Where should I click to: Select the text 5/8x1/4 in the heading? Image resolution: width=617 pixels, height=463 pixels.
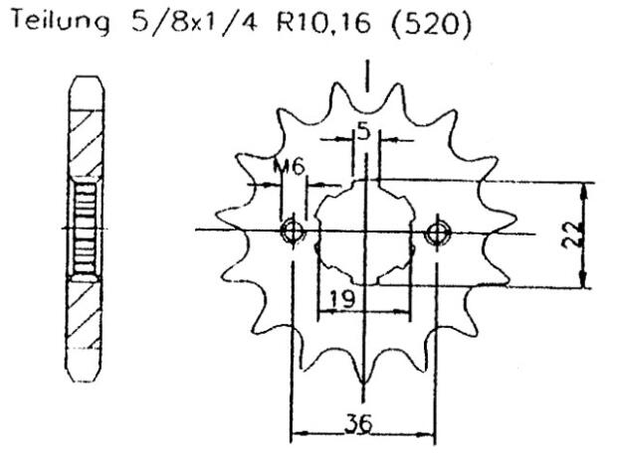[x=195, y=22]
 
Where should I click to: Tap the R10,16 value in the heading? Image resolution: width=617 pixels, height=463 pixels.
[x=323, y=23]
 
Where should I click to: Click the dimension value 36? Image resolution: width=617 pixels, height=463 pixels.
[x=359, y=423]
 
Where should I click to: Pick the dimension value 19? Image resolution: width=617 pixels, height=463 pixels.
[x=342, y=298]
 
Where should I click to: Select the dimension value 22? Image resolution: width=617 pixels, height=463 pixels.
[x=572, y=234]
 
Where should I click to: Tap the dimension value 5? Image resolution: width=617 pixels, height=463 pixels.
[x=364, y=132]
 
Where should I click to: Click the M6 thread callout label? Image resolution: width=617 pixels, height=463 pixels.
[x=290, y=167]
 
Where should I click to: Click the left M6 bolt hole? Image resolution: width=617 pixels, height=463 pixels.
[x=293, y=231]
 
